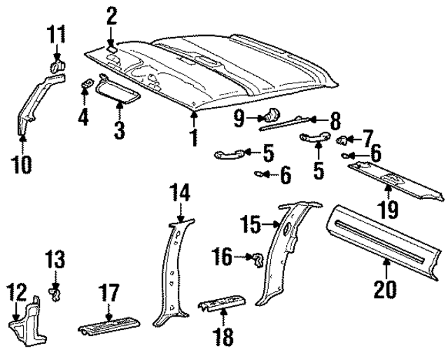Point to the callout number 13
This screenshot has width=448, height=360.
57,261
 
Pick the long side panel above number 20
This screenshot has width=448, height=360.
385,235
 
